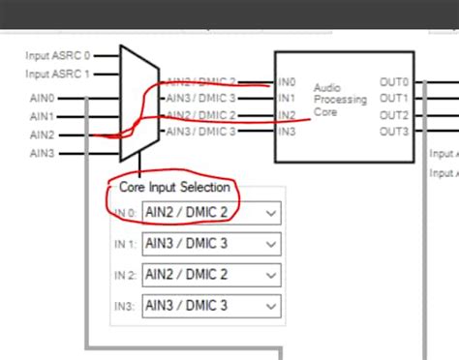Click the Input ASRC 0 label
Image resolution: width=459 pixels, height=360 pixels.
click(57, 55)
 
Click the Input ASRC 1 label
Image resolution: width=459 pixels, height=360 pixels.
click(57, 74)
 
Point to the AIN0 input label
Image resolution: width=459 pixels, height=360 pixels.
click(43, 98)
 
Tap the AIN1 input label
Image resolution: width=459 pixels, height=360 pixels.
click(43, 116)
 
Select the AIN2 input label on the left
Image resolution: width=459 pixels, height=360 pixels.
click(43, 135)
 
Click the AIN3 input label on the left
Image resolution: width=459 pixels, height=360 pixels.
click(43, 153)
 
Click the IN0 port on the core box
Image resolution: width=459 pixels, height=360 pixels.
click(287, 83)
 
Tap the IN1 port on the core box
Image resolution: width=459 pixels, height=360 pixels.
click(287, 99)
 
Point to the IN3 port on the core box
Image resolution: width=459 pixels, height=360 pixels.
click(287, 132)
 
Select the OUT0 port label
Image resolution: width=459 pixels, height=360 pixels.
click(394, 83)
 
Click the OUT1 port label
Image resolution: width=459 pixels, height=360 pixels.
click(394, 99)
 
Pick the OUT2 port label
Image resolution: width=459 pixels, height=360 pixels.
click(394, 115)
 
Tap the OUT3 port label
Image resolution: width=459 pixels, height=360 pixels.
click(394, 132)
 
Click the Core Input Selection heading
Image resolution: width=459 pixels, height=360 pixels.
click(174, 187)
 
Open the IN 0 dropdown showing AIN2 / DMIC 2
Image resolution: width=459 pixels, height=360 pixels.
click(210, 213)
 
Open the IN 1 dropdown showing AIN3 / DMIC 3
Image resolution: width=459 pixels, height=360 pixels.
click(210, 244)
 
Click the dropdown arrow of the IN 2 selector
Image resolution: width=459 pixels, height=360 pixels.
click(270, 275)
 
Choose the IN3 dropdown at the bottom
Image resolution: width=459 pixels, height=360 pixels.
click(210, 306)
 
